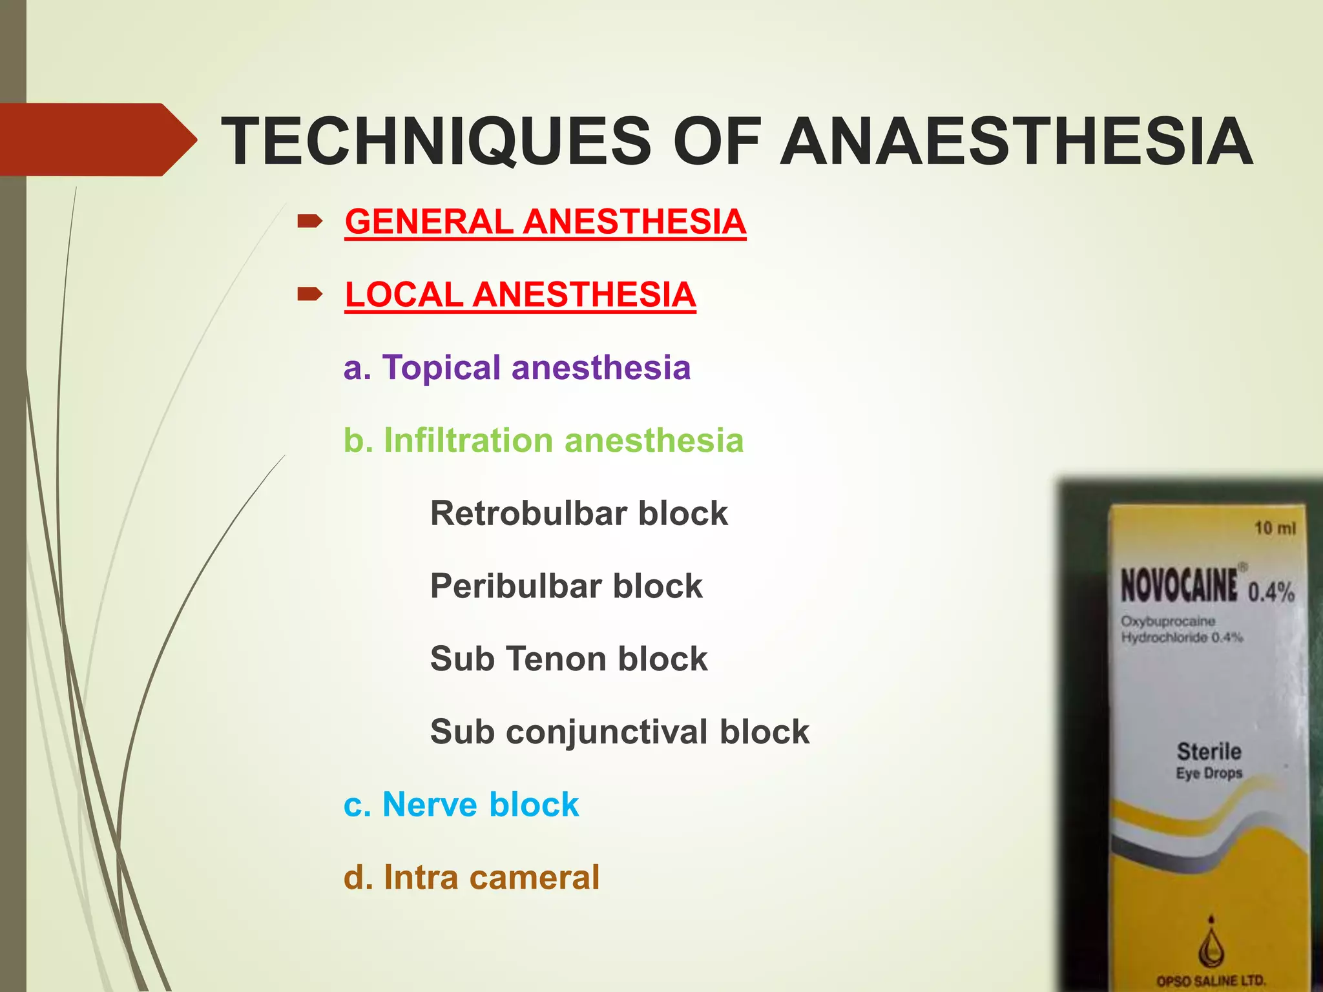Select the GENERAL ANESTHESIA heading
coord(545,222)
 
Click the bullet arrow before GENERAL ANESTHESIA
coord(309,222)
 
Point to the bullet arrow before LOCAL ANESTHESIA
coord(309,295)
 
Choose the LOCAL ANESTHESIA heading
coord(520,295)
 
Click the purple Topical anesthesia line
coord(517,368)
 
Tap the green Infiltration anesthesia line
coord(543,441)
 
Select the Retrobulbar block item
coord(579,514)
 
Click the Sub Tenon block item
coord(568,659)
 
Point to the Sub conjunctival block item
coord(620,732)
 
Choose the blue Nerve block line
coord(461,805)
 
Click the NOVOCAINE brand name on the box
coord(1179,586)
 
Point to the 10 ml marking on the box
coord(1275,528)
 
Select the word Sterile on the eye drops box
coord(1209,752)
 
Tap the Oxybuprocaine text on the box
coord(1168,621)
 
